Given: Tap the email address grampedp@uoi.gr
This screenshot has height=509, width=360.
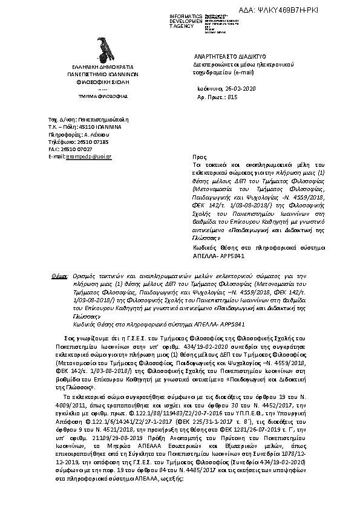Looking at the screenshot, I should [x=89, y=157].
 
